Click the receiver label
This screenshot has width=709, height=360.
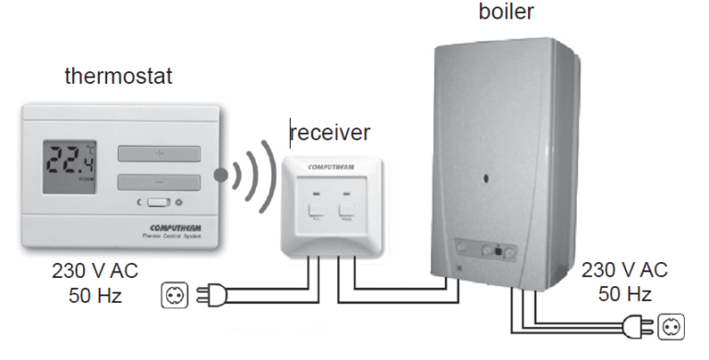point(330,132)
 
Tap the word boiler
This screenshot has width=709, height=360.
point(506,13)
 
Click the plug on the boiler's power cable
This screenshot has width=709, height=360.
point(637,326)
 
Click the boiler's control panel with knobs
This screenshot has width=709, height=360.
point(489,249)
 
